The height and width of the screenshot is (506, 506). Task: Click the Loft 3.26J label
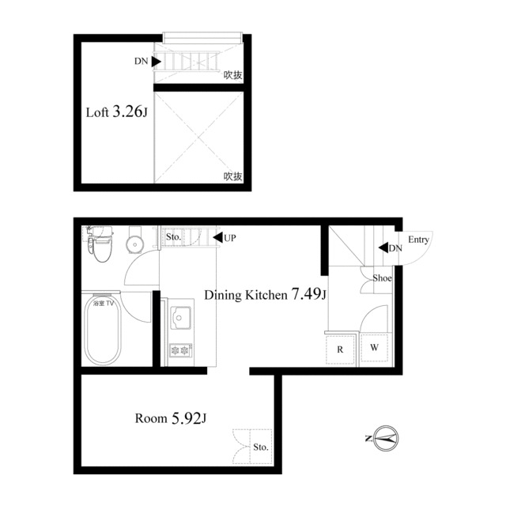[x=116, y=112]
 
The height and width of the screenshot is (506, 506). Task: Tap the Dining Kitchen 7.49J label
[x=266, y=294]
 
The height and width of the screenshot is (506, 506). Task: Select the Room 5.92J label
[x=171, y=418]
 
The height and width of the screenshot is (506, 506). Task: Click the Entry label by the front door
[x=418, y=240]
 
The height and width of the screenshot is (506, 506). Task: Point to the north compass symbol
[x=386, y=438]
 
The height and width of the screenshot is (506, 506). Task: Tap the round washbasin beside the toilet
[x=134, y=244]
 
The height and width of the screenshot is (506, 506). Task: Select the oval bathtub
[x=103, y=330]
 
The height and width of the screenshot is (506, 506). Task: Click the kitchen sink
[x=180, y=318]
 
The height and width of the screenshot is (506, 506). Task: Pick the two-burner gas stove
[x=181, y=349]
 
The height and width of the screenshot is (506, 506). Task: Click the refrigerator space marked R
[x=340, y=349]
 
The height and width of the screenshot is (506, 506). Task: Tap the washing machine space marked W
[x=374, y=348]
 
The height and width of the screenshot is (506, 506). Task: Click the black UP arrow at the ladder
[x=218, y=237]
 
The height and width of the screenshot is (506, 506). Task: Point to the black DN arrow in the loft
[x=157, y=62]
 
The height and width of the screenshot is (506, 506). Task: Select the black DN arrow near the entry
[x=383, y=247]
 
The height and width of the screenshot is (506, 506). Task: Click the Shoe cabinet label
[x=382, y=278]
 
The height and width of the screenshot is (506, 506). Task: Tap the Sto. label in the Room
[x=261, y=447]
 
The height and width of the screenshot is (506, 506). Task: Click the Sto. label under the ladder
[x=173, y=237]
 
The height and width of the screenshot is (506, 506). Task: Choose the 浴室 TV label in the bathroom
[x=104, y=304]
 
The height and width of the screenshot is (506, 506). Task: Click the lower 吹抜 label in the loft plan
[x=233, y=176]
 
